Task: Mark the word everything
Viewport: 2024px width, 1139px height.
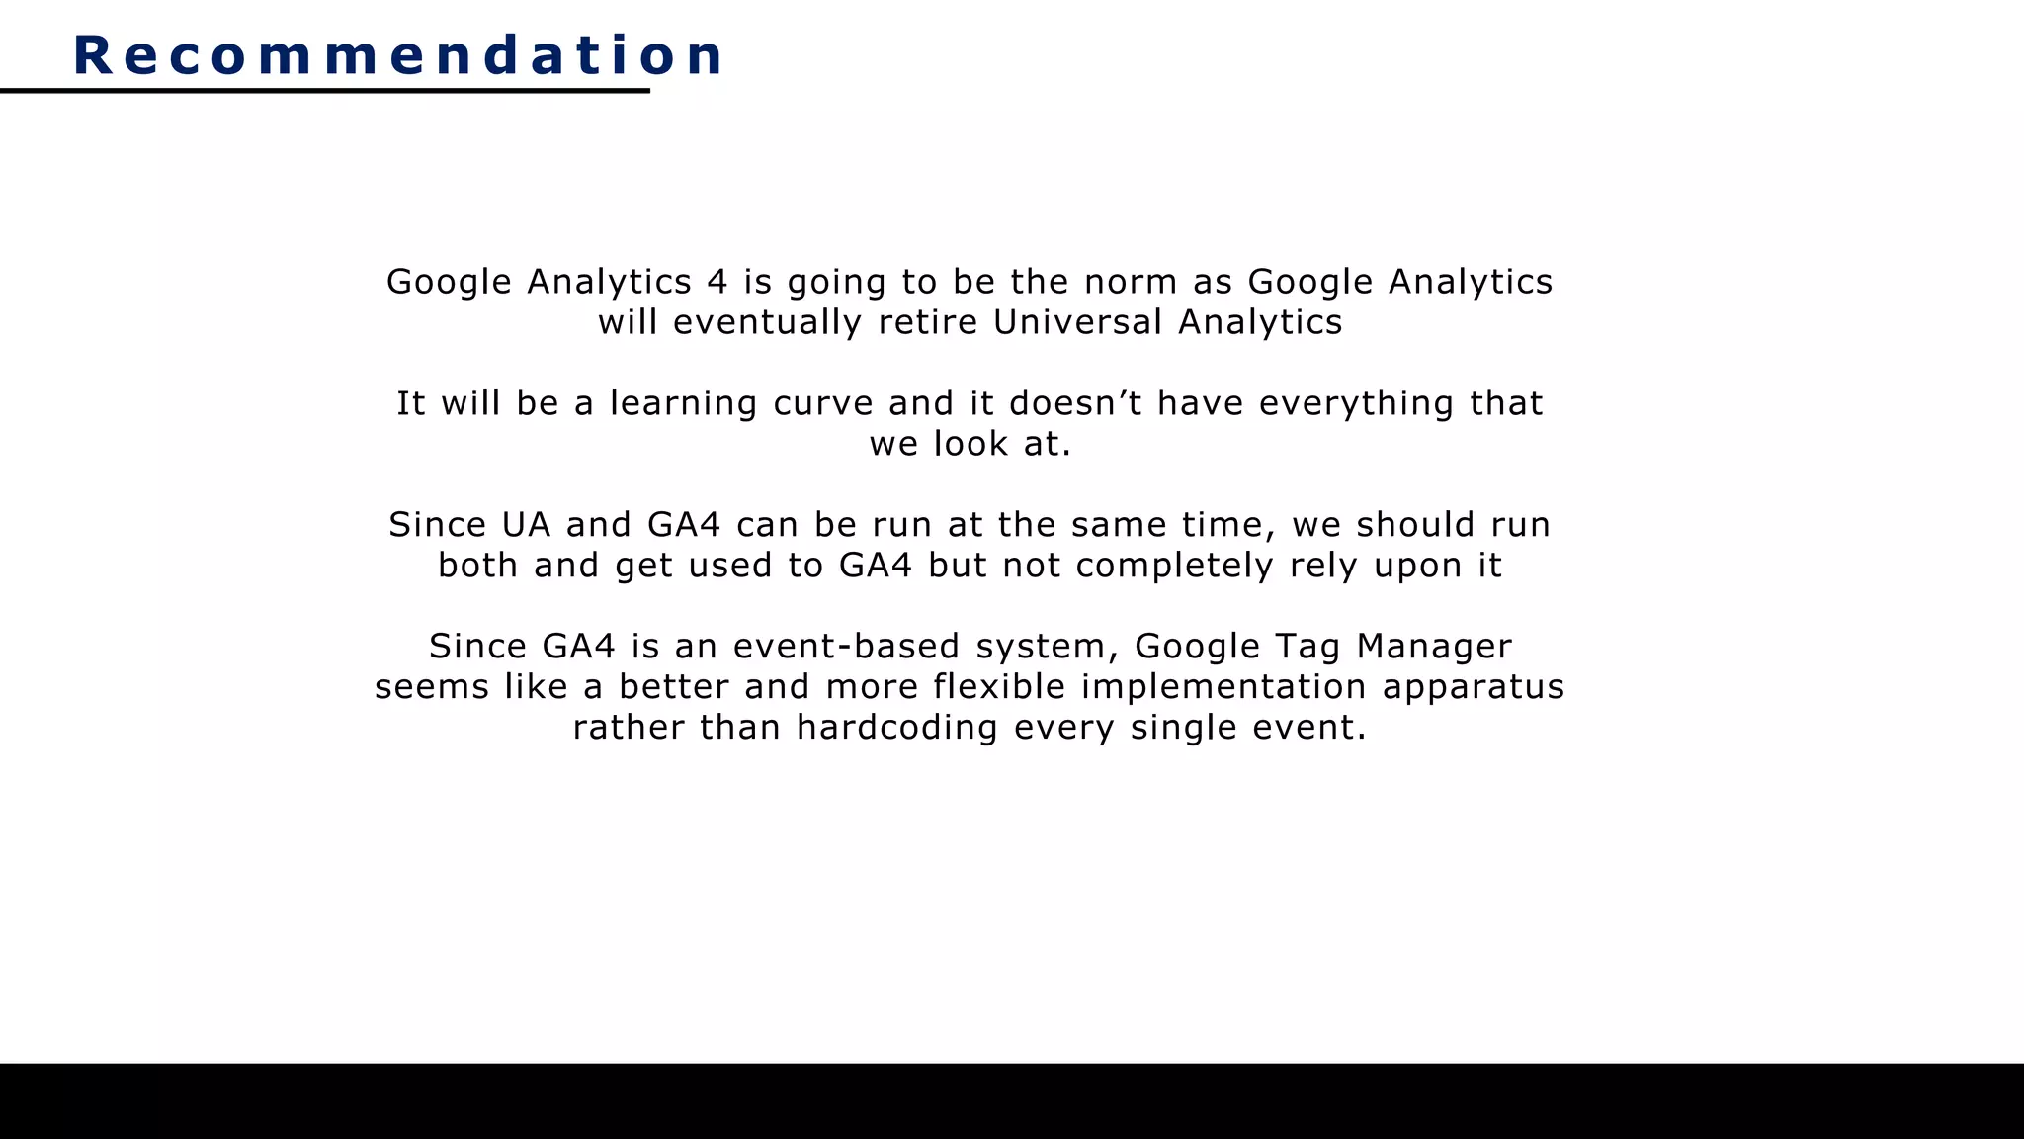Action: coord(1356,403)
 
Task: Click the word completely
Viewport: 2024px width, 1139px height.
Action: coord(1174,566)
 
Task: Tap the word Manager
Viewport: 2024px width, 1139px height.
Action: coord(1434,647)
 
